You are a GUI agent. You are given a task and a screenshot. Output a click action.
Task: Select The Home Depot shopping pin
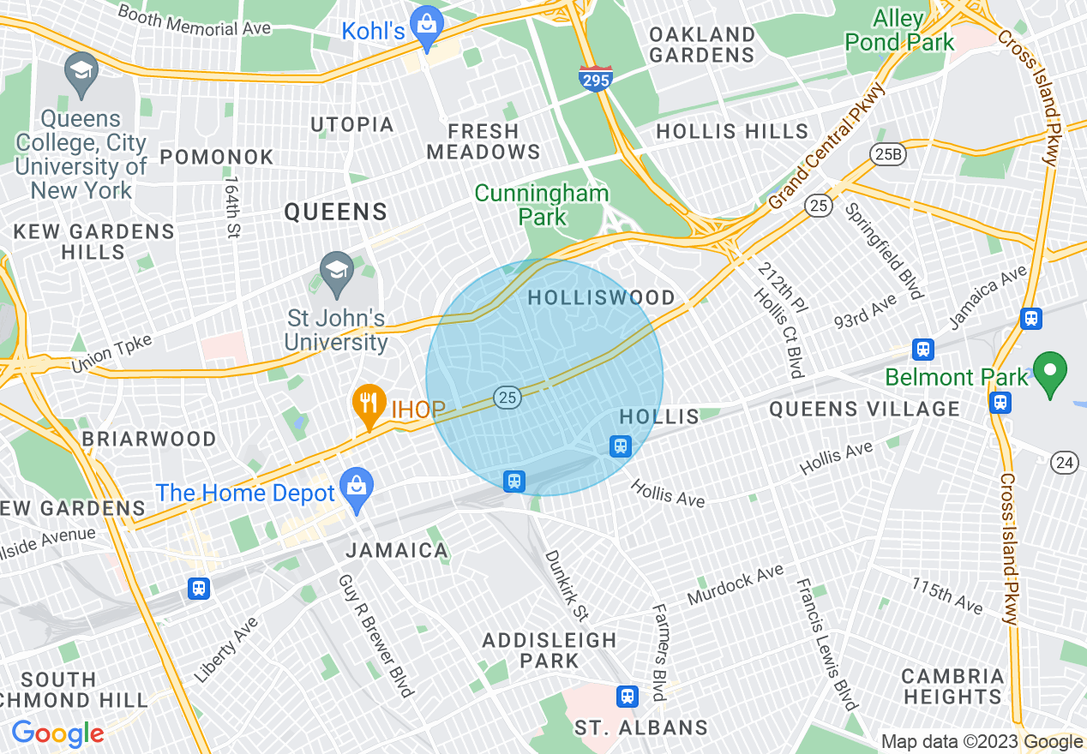pyautogui.click(x=357, y=488)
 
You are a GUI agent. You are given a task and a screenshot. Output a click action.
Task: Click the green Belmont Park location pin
pyautogui.click(x=1050, y=373)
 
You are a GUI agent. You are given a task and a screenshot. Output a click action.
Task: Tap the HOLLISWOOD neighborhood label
pyautogui.click(x=601, y=297)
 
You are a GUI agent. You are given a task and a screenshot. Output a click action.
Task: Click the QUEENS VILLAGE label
pyautogui.click(x=864, y=409)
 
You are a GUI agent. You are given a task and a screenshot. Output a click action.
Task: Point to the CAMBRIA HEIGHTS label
pyautogui.click(x=952, y=686)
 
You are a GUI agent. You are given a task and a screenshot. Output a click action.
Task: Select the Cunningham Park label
pyautogui.click(x=542, y=205)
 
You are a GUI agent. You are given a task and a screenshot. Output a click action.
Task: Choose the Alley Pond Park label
pyautogui.click(x=899, y=30)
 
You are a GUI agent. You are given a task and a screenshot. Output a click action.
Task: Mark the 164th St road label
pyautogui.click(x=231, y=207)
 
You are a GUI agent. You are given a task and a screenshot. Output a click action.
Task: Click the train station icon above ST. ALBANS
pyautogui.click(x=628, y=695)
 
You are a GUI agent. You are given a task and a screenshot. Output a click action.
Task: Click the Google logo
pyautogui.click(x=57, y=733)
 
